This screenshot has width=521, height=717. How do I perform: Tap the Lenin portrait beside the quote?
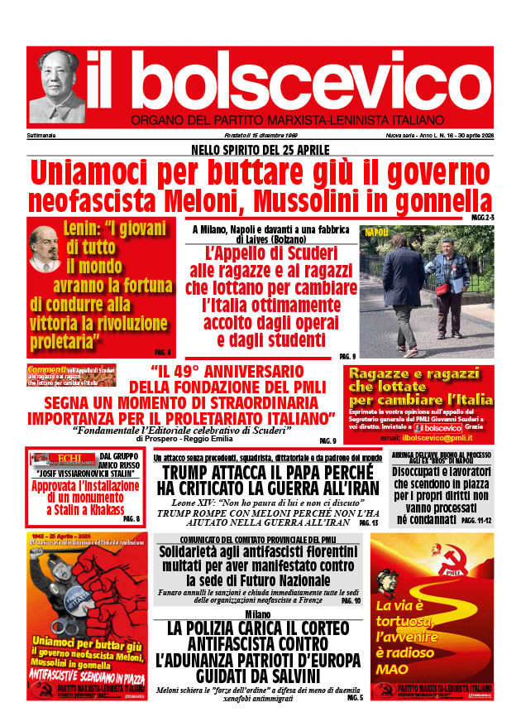[45, 249]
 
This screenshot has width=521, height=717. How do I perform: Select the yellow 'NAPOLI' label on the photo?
[376, 233]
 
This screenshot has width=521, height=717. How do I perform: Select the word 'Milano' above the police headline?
[257, 614]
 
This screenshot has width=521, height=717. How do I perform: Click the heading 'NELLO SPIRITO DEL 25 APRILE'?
[260, 150]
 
